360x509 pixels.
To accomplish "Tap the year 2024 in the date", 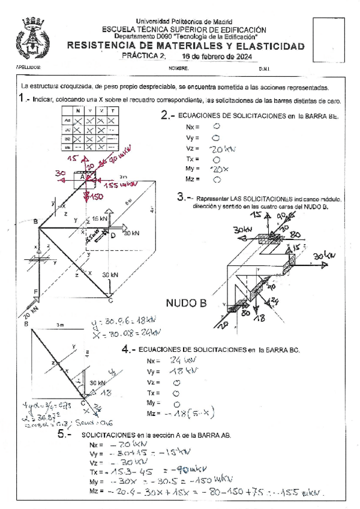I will pyautogui.click(x=240, y=57).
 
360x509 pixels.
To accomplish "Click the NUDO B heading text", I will pyautogui.click(x=186, y=303).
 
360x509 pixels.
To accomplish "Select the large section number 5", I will pyautogui.click(x=64, y=436).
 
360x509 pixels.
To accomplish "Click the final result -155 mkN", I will pyautogui.click(x=304, y=493).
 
